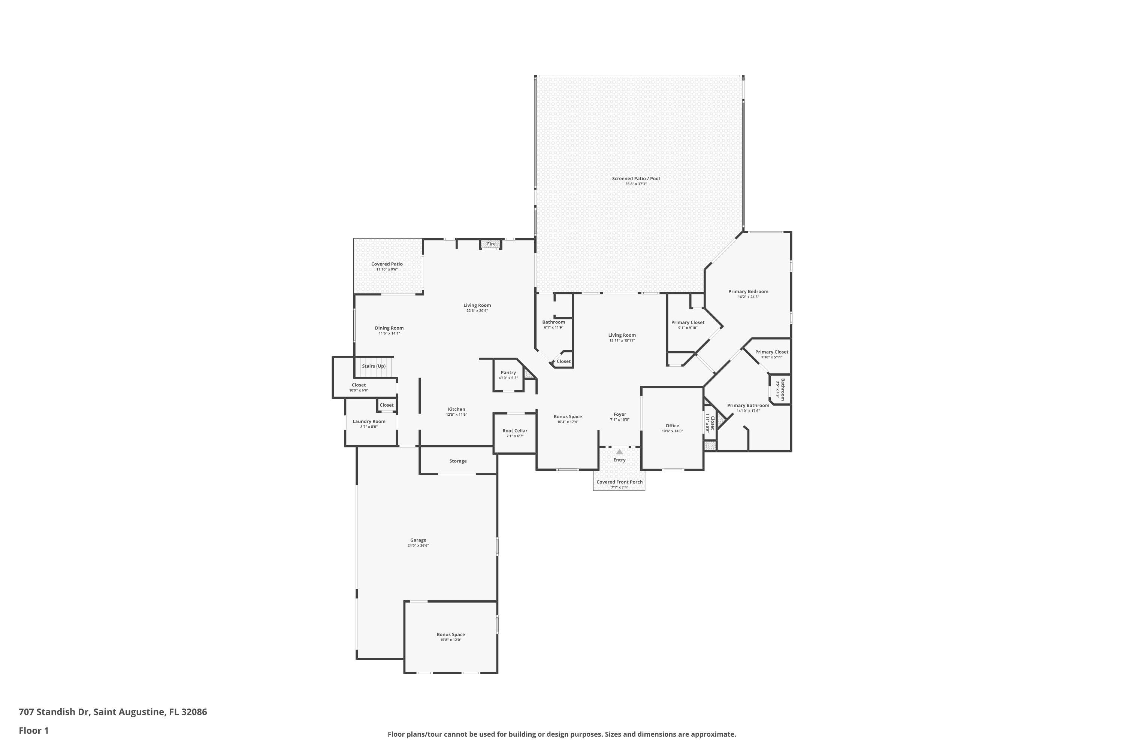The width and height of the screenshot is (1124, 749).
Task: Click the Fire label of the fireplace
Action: (x=491, y=244)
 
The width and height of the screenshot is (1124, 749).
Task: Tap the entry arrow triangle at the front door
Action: (x=619, y=451)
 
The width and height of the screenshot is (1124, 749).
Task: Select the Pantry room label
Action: (x=508, y=373)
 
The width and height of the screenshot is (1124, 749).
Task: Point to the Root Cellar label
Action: (x=515, y=431)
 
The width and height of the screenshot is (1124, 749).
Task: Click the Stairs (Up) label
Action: (x=373, y=366)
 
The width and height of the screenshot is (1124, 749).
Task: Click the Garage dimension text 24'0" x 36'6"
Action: (x=418, y=546)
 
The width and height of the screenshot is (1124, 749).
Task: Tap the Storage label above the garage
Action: (x=457, y=461)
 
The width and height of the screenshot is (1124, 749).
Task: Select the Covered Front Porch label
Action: (x=619, y=482)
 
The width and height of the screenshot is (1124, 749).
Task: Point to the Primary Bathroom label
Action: (x=748, y=406)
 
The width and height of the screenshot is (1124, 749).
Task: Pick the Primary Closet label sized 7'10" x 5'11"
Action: (x=771, y=352)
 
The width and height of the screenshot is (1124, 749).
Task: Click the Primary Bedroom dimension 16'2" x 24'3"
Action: (x=748, y=297)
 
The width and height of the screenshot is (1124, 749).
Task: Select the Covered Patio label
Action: (x=387, y=264)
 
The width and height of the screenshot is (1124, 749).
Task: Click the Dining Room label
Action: (x=389, y=328)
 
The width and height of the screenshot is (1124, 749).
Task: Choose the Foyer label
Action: (x=619, y=415)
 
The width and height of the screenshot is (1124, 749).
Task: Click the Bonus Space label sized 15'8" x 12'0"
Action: (x=450, y=635)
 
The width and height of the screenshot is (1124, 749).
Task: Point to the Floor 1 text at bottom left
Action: (x=33, y=730)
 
